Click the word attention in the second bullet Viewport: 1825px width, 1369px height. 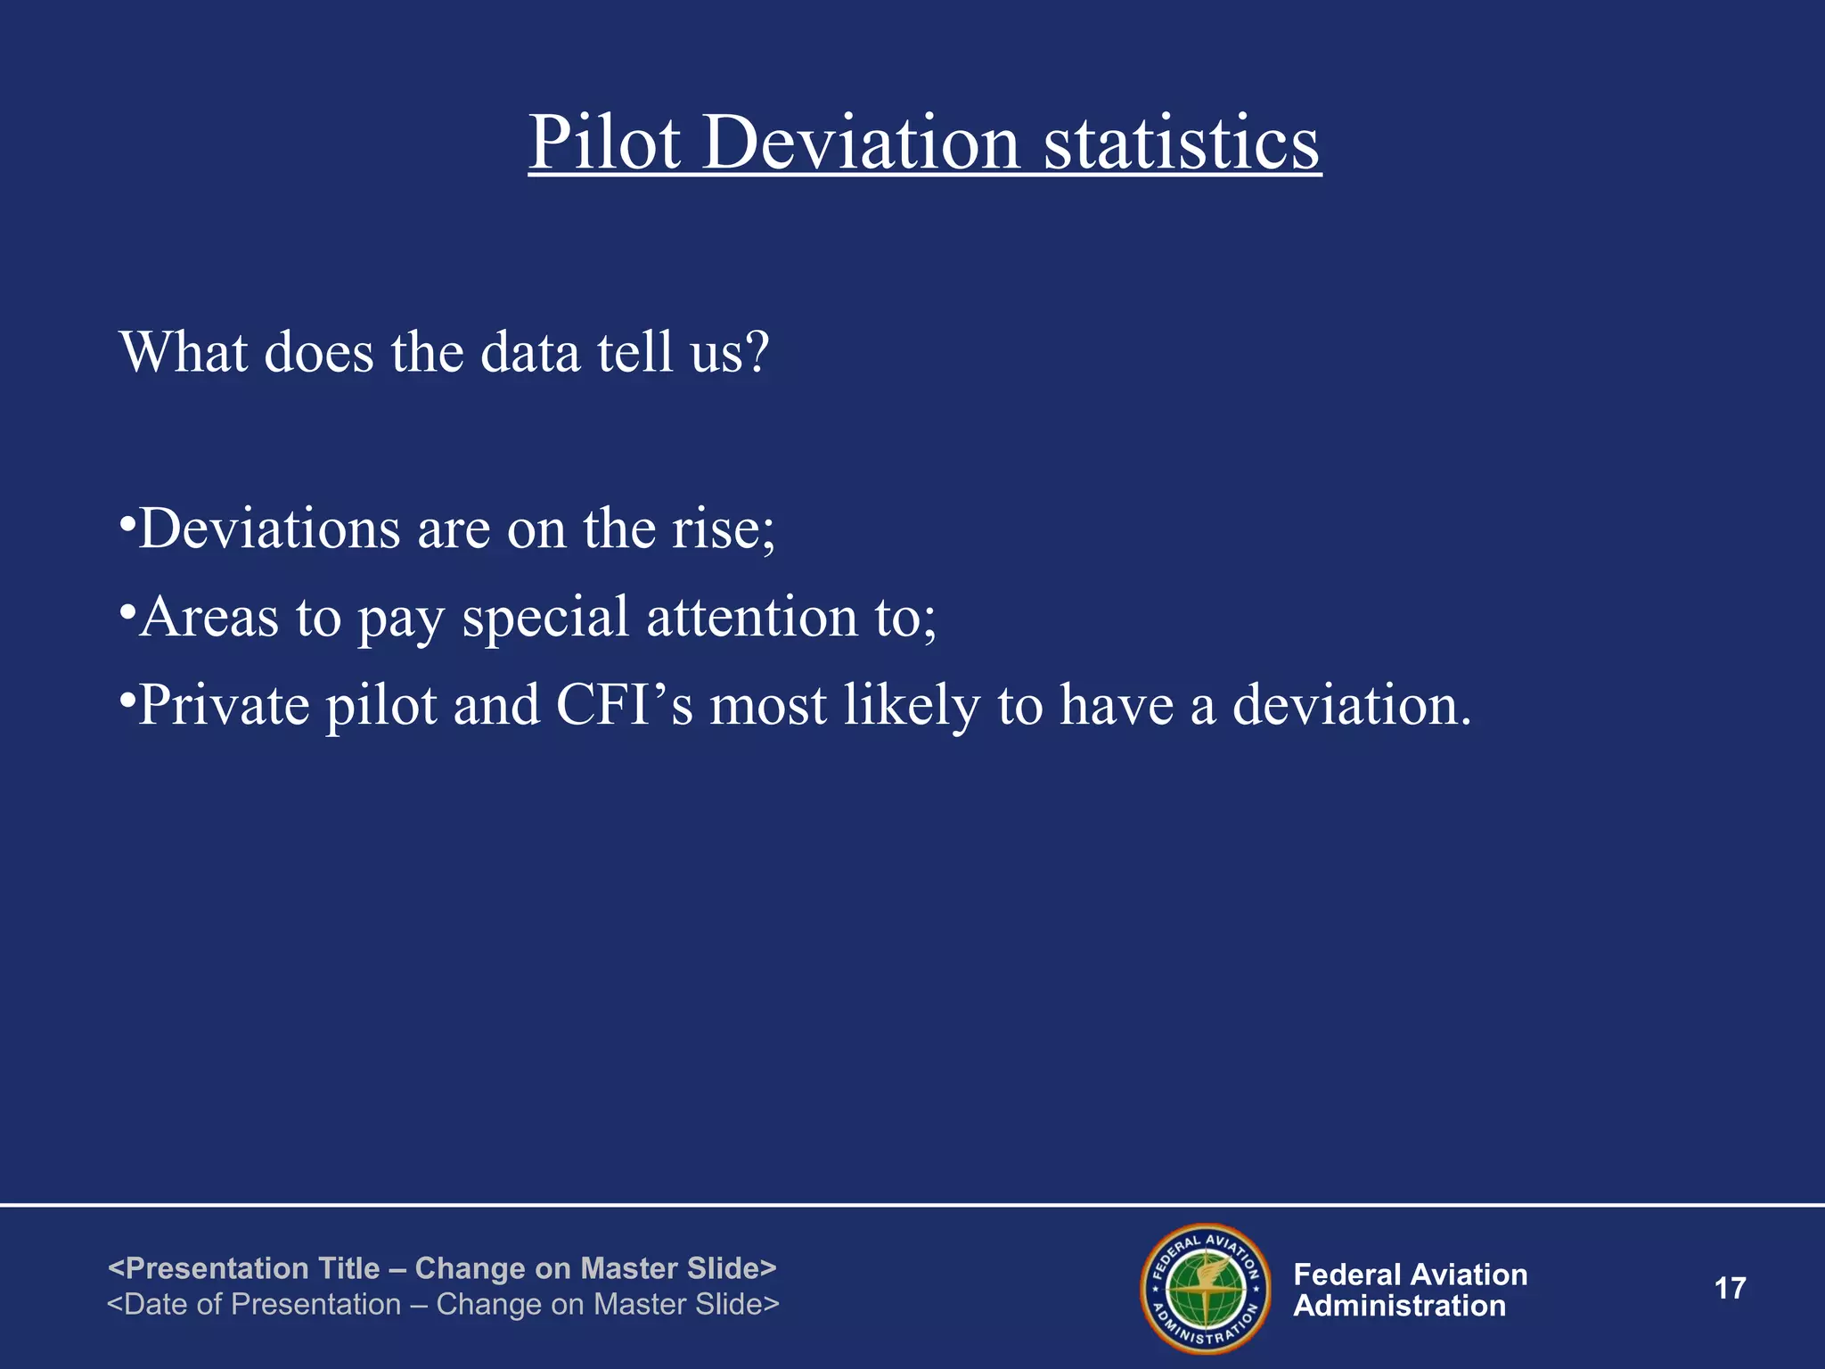[x=751, y=617]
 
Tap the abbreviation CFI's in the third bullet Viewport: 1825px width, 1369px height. [x=624, y=704]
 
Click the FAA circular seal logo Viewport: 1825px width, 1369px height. [x=1206, y=1289]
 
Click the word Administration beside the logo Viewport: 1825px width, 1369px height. [x=1399, y=1307]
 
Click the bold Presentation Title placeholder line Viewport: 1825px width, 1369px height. [x=442, y=1268]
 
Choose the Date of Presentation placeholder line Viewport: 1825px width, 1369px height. [x=443, y=1305]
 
